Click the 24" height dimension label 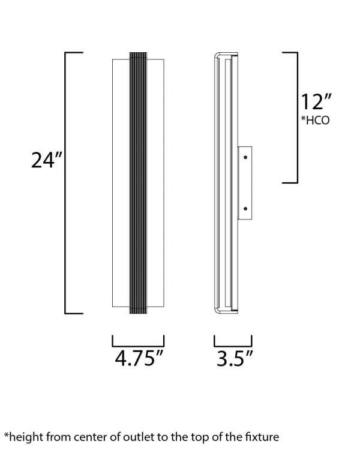coord(46,160)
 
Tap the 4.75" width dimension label coord(139,358)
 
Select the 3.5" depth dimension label coord(234,358)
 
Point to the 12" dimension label coord(316,102)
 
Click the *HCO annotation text coord(315,120)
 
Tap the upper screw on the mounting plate coord(245,157)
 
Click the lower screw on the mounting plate coord(245,209)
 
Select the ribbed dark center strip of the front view coord(138,183)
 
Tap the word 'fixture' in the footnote coord(262,437)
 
